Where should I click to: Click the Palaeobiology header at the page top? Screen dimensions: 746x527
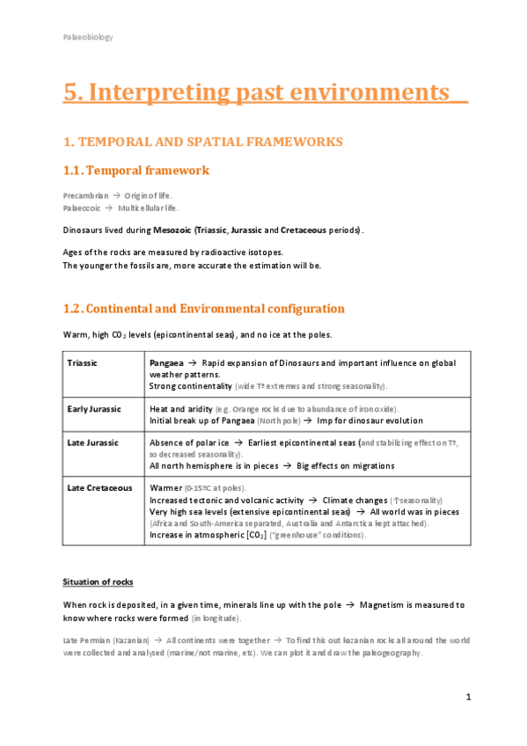point(87,37)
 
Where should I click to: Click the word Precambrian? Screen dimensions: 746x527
point(85,194)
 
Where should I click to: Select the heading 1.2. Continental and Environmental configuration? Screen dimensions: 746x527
point(203,309)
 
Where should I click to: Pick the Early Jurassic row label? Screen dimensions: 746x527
point(93,409)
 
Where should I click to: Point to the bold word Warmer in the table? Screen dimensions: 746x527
point(166,487)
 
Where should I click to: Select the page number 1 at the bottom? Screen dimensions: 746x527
point(469,697)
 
